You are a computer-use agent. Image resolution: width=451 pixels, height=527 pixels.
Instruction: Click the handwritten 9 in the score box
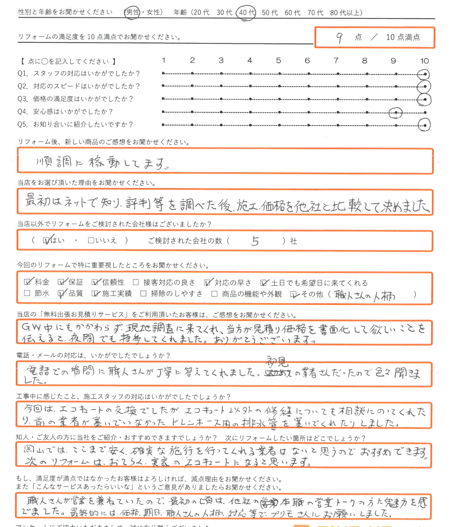tap(338, 38)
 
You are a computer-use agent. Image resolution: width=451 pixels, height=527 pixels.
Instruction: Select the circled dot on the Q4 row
tap(396, 112)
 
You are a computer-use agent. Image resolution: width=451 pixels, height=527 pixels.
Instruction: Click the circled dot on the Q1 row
tap(423, 74)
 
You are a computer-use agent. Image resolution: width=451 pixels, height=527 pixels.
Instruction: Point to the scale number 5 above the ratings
tap(278, 60)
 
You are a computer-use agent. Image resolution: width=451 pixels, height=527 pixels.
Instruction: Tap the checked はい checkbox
tap(46, 241)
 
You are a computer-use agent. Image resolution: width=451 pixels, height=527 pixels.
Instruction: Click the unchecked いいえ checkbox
tap(91, 241)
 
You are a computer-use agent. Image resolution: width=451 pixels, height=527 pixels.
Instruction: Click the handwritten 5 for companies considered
tap(255, 241)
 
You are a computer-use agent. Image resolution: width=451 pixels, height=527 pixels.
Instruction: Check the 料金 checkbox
tap(28, 282)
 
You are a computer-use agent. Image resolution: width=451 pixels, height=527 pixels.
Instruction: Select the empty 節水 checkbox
tap(28, 295)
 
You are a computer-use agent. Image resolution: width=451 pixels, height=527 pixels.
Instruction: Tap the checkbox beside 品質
tap(62, 295)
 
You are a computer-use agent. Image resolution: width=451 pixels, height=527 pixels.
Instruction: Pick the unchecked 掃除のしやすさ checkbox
tap(143, 295)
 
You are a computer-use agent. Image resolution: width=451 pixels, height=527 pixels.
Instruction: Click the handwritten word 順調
tap(50, 161)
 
